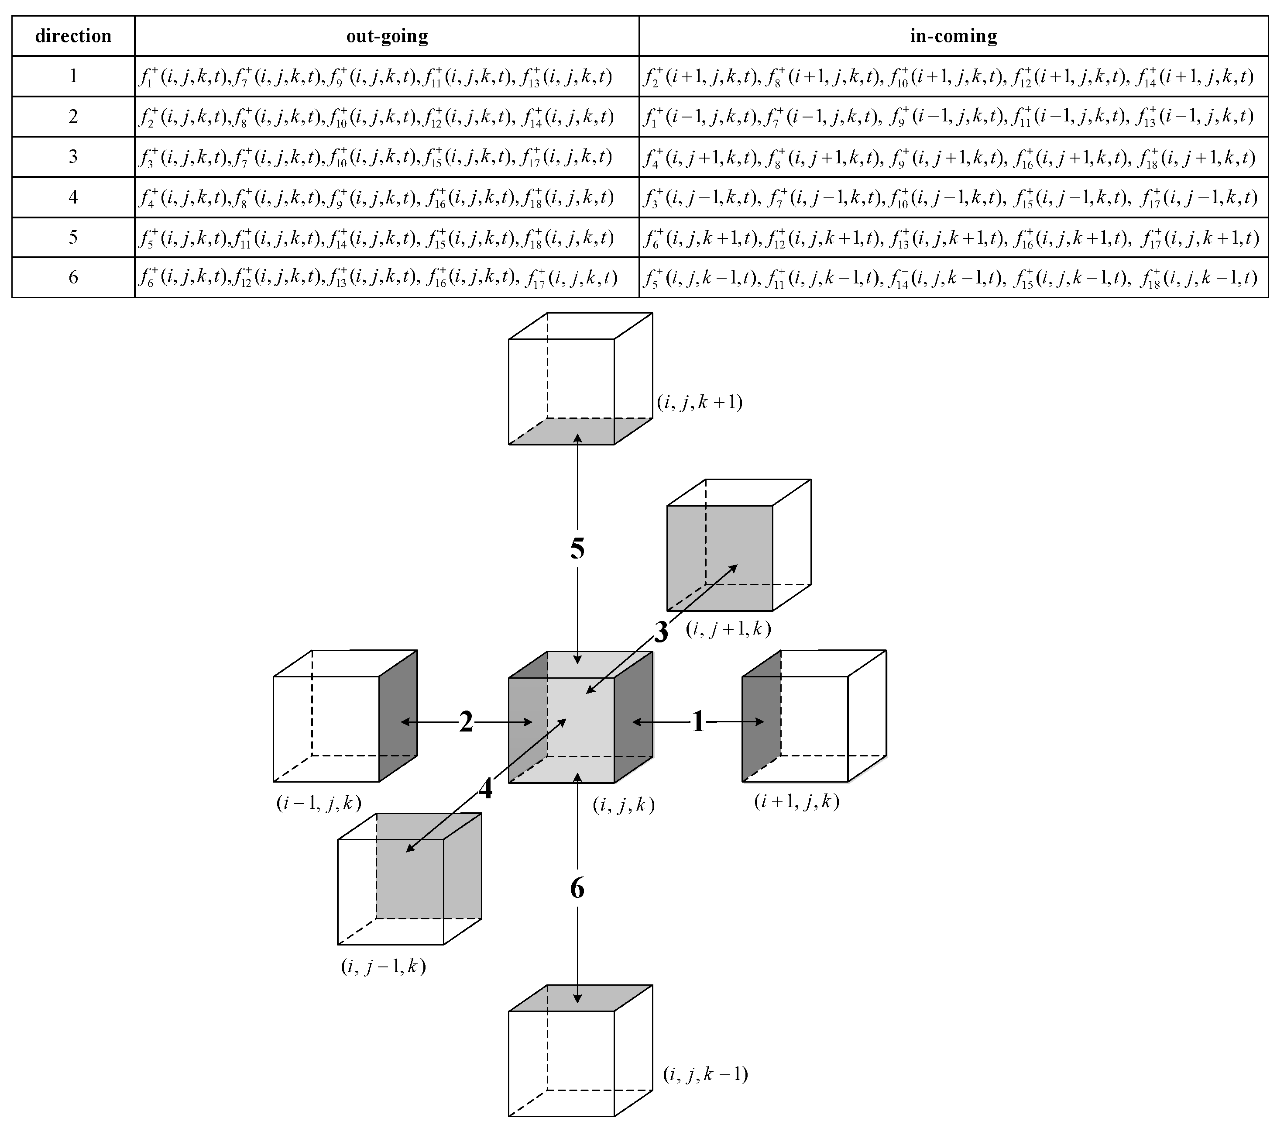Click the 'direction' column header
(73, 36)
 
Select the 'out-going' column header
(387, 36)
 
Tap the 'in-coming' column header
(953, 36)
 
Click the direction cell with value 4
(73, 197)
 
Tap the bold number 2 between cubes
(466, 722)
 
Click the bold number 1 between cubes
(698, 722)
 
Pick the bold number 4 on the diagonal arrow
(485, 789)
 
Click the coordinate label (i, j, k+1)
(700, 402)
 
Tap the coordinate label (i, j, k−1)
(705, 1074)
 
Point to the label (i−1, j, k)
(319, 803)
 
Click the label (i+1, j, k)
(796, 801)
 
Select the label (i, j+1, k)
(728, 628)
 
